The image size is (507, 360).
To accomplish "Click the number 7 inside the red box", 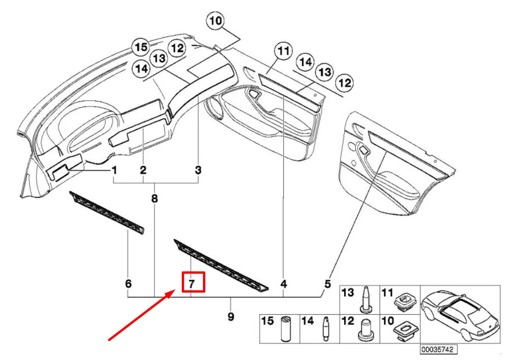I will (x=193, y=282).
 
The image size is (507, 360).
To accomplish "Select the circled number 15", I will (x=140, y=47).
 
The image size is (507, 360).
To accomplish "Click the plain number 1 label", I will (x=113, y=170).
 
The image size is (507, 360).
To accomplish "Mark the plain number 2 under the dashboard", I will (x=143, y=170).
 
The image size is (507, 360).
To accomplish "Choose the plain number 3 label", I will (x=198, y=170).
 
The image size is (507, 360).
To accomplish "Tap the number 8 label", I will (x=155, y=199).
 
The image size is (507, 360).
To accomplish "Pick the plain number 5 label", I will (x=327, y=284).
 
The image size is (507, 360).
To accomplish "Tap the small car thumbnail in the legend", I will (x=461, y=313).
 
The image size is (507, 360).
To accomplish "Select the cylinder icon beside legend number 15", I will (x=285, y=329).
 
